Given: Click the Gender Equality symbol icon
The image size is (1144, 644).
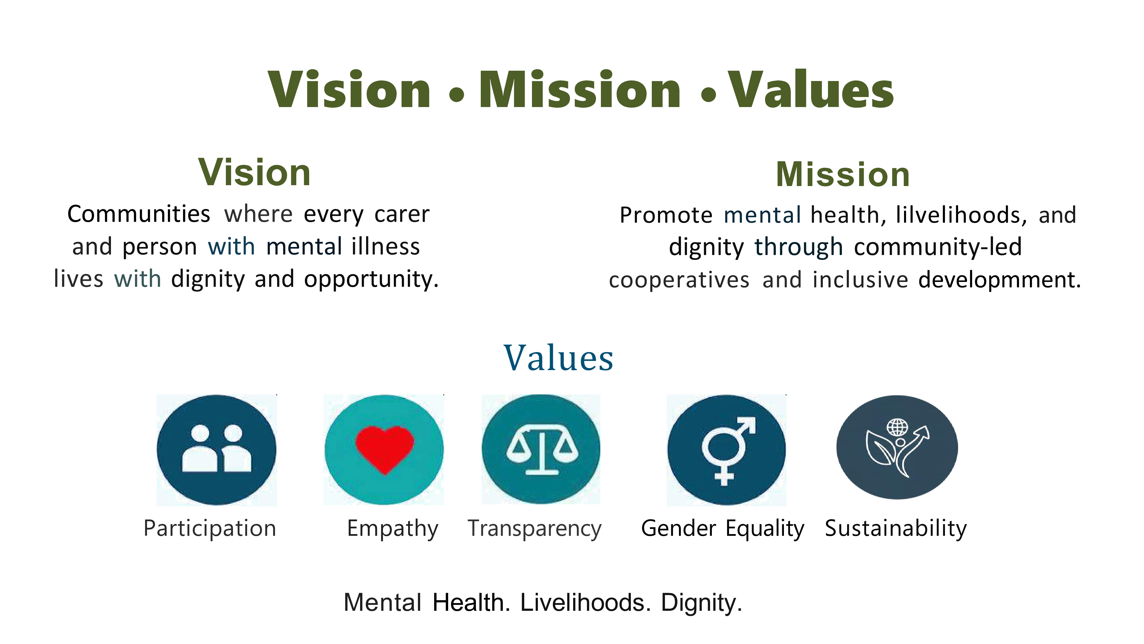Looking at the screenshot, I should (x=726, y=450).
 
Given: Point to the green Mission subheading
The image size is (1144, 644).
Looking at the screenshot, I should (x=843, y=174).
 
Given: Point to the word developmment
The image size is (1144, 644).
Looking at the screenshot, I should (x=999, y=280).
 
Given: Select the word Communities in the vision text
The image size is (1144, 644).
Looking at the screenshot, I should (x=138, y=214).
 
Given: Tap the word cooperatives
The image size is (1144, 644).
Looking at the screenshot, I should (x=679, y=280).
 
